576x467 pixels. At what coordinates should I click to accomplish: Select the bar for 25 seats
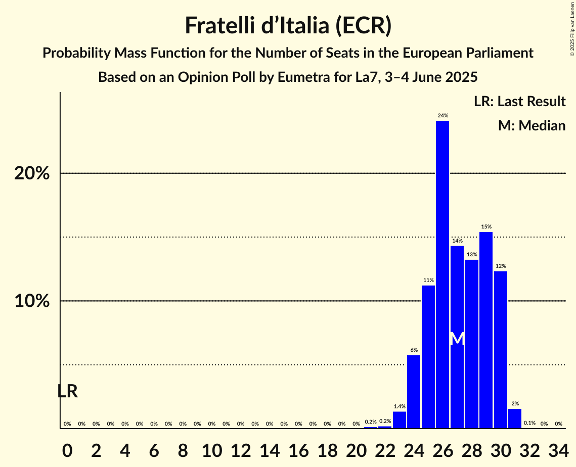tap(428, 357)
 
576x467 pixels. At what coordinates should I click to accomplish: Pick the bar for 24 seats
tap(414, 392)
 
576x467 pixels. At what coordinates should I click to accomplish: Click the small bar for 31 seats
tap(515, 418)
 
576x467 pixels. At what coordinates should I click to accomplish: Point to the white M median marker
tap(457, 339)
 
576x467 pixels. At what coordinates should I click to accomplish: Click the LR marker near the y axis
tap(67, 391)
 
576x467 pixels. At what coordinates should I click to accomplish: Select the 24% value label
tap(442, 116)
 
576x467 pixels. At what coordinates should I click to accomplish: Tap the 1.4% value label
tap(400, 406)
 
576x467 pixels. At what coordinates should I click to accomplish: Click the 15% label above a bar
tap(486, 227)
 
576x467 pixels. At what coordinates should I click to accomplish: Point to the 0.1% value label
tap(529, 424)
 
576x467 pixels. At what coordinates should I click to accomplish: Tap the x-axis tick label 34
tap(558, 449)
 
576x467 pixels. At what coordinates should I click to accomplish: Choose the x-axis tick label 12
tap(241, 449)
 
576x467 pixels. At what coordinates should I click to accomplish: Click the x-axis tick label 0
tap(67, 449)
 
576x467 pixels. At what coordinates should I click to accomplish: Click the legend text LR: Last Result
tap(519, 102)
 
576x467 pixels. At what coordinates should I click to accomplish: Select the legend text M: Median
tap(531, 125)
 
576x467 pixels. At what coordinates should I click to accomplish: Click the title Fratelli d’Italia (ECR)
tap(288, 25)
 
